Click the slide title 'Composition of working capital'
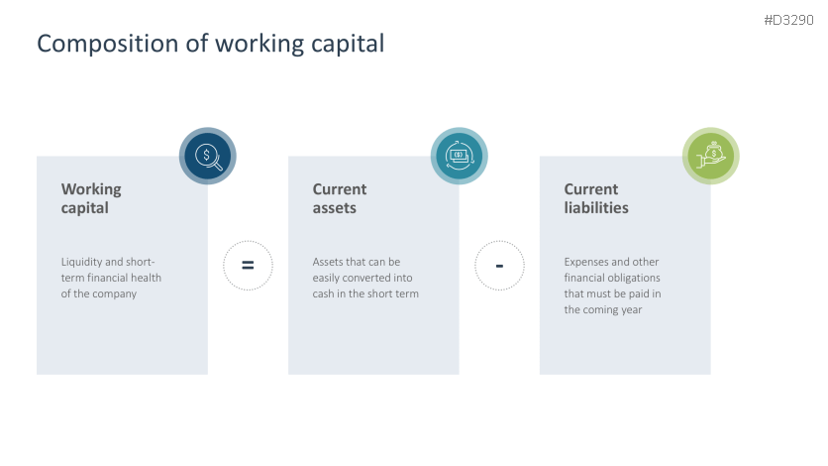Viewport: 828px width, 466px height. click(210, 44)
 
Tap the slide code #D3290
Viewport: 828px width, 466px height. click(788, 20)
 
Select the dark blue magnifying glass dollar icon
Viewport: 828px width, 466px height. click(208, 156)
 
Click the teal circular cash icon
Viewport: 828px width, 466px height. click(460, 156)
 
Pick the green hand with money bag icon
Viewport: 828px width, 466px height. click(711, 156)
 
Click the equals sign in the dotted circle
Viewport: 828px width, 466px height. click(248, 266)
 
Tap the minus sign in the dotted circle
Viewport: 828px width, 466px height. click(499, 266)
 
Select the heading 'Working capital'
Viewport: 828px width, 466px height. click(91, 198)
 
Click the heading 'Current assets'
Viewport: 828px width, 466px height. click(340, 198)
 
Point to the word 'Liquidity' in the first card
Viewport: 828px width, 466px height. click(82, 262)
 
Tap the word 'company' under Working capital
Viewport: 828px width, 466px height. click(113, 293)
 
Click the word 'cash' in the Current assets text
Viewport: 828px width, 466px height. click(325, 293)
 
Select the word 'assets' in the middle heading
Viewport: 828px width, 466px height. click(335, 208)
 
